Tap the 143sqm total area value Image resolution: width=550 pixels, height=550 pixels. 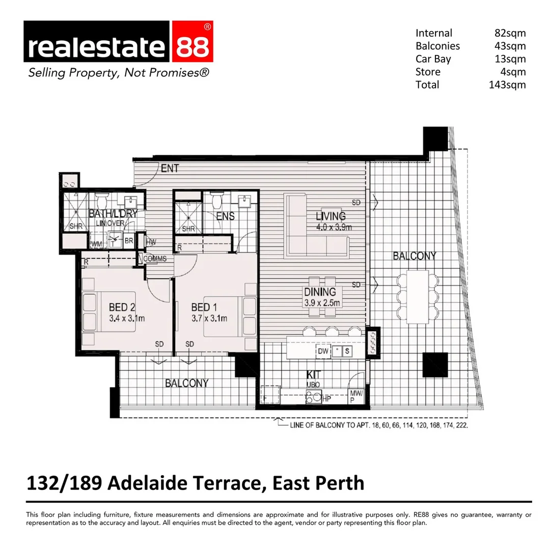click(x=507, y=85)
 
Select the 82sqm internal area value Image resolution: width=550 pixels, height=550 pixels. click(x=510, y=33)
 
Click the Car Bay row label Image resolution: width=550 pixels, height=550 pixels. click(x=433, y=59)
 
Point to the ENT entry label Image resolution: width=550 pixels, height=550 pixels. click(x=170, y=168)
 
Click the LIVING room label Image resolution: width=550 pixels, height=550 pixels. click(x=331, y=216)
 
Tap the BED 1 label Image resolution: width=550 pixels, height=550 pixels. click(x=204, y=307)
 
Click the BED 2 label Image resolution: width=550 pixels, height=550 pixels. click(x=122, y=307)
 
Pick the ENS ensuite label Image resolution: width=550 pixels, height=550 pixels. click(x=225, y=216)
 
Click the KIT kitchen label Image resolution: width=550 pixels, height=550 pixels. click(x=313, y=375)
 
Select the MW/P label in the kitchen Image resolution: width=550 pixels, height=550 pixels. click(x=355, y=396)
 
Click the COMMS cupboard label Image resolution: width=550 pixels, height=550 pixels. click(x=155, y=259)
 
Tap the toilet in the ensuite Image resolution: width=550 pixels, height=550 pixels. click(x=216, y=200)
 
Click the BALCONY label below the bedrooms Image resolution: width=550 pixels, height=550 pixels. click(x=186, y=383)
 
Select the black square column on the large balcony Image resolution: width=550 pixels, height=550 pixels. click(x=435, y=364)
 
